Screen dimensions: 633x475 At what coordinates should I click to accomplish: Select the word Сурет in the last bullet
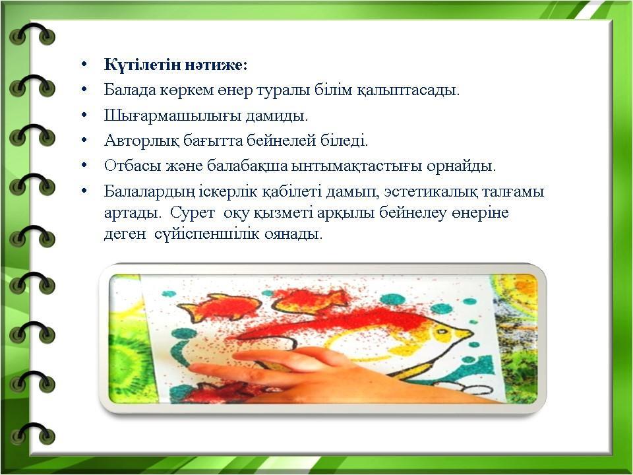point(192,212)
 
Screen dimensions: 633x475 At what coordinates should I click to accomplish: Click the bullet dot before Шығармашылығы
point(84,115)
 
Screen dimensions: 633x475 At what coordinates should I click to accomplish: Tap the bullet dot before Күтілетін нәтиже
point(84,65)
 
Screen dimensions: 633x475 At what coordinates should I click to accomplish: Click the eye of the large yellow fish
point(443,332)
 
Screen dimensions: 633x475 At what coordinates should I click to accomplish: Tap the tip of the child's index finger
point(193,367)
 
